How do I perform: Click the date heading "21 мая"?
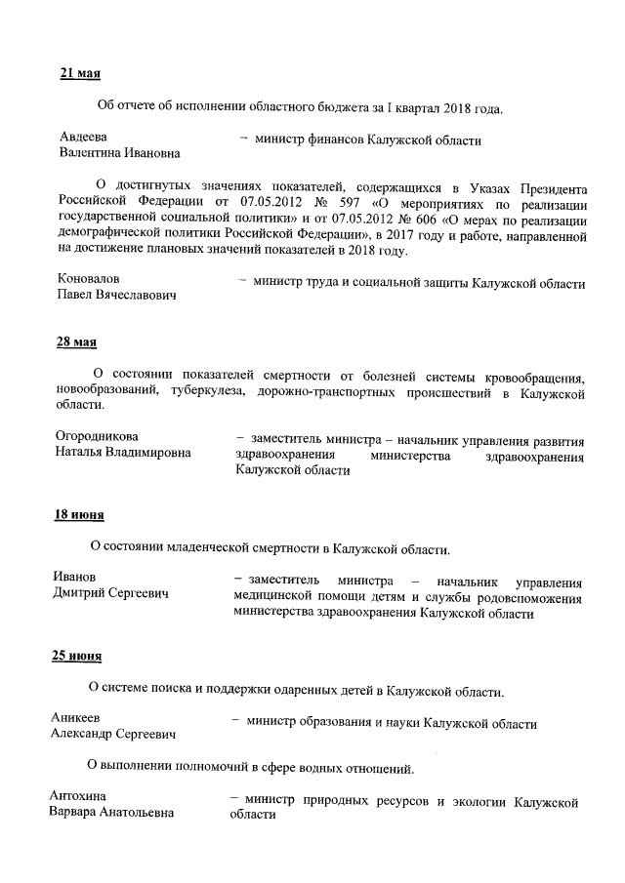[80, 74]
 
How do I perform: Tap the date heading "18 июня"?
[78, 515]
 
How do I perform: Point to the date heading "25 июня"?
[77, 657]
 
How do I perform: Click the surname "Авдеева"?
[84, 137]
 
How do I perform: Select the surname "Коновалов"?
[89, 279]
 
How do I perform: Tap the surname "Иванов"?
[75, 578]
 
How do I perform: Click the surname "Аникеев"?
[77, 720]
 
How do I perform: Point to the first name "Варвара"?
[80, 814]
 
